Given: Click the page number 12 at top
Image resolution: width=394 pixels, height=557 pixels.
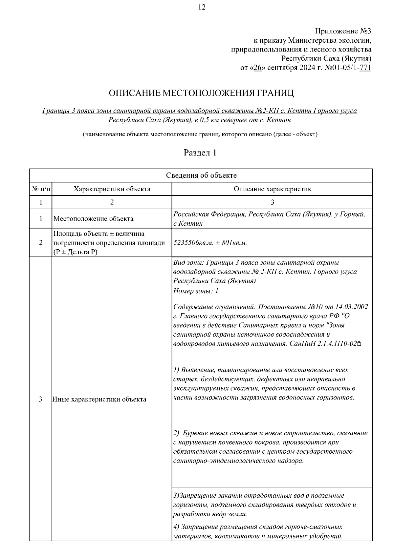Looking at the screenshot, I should pyautogui.click(x=202, y=8).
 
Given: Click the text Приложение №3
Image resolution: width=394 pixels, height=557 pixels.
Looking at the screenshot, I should pyautogui.click(x=343, y=31).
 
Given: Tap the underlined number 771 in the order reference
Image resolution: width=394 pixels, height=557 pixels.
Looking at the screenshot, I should pyautogui.click(x=365, y=68).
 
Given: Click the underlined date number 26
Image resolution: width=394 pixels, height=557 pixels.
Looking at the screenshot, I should pyautogui.click(x=257, y=68).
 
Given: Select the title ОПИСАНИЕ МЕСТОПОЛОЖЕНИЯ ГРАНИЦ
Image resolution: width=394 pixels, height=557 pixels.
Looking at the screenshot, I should pyautogui.click(x=201, y=93).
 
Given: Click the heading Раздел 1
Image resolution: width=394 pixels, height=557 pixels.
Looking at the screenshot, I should pyautogui.click(x=200, y=153).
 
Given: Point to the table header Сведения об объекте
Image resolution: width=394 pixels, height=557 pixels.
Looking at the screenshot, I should pyautogui.click(x=201, y=175).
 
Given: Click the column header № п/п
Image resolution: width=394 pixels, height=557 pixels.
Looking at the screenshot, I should pyautogui.click(x=41, y=189).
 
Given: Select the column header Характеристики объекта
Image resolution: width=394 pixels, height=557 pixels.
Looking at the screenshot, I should pyautogui.click(x=112, y=189).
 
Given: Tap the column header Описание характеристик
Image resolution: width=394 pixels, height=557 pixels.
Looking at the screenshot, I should pyautogui.click(x=272, y=189).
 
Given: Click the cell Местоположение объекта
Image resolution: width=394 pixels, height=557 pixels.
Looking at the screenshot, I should pyautogui.click(x=94, y=219).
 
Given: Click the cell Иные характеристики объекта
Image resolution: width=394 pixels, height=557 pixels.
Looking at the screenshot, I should pyautogui.click(x=99, y=400).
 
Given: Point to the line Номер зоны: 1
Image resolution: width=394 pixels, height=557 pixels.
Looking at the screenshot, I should pyautogui.click(x=196, y=291).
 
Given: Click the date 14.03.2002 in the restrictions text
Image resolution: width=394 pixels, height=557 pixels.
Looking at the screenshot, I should pyautogui.click(x=352, y=307).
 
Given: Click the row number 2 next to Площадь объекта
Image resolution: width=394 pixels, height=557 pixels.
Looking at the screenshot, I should pyautogui.click(x=41, y=243).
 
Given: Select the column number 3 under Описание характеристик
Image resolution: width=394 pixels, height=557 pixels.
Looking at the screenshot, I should pyautogui.click(x=272, y=202).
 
